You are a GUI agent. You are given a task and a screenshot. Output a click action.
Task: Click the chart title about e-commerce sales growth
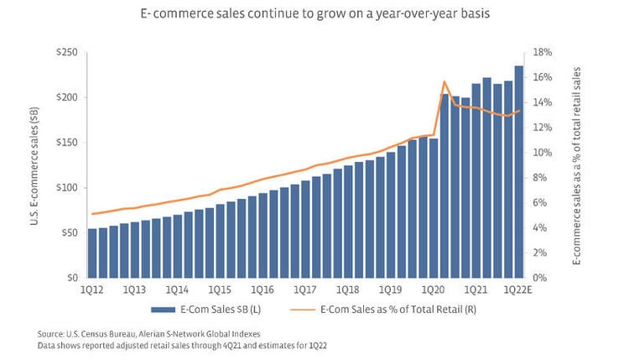coord(314,14)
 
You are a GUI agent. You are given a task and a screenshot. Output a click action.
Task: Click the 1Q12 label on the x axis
coord(93,290)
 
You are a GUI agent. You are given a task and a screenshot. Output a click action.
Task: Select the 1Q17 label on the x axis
coord(305,290)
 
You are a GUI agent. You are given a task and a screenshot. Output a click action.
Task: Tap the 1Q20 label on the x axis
coord(433,290)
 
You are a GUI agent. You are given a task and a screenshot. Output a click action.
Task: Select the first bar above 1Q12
coord(92,253)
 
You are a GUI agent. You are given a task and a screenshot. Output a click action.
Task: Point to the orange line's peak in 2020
coord(444,81)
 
